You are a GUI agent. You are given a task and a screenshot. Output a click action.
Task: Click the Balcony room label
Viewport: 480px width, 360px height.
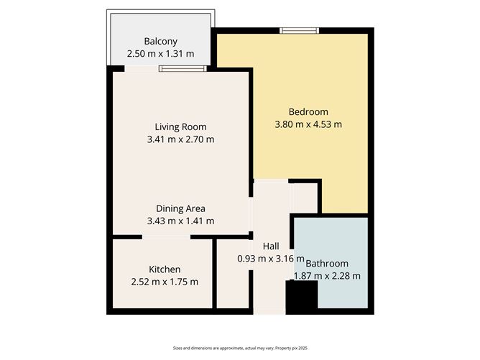[x=160, y=41]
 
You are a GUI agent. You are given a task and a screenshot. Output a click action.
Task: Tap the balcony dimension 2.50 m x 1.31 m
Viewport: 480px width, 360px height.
[x=160, y=53]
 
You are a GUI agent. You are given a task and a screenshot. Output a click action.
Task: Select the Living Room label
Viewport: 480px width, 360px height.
[x=180, y=127]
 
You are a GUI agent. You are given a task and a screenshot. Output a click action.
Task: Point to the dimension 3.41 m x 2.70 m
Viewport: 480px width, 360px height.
[x=180, y=139]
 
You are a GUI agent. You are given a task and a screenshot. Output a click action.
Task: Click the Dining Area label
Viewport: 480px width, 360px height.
[x=180, y=208]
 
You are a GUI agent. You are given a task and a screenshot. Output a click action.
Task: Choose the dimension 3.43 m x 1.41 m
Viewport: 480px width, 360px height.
[x=180, y=221]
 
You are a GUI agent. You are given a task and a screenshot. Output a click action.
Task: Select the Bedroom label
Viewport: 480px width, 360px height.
[x=308, y=111]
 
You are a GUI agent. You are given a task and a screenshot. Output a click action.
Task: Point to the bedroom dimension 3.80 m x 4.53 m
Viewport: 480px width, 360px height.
[x=308, y=124]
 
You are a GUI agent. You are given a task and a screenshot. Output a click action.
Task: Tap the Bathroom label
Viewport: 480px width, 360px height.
[x=327, y=263]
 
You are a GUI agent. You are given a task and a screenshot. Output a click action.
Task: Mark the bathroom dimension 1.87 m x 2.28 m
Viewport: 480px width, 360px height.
[x=327, y=275]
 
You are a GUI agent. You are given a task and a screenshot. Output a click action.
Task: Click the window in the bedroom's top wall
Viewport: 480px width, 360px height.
[x=298, y=30]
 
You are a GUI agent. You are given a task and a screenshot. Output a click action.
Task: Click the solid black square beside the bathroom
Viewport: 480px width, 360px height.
[x=302, y=297]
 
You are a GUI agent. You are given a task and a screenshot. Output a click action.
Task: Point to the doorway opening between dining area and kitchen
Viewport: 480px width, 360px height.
[x=166, y=236]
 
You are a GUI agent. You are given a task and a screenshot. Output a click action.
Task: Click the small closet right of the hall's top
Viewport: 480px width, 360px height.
[x=305, y=196]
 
